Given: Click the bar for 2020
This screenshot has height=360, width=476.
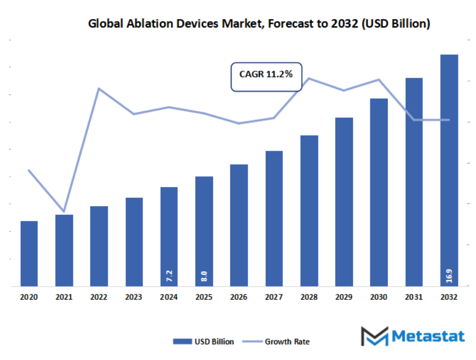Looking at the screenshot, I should pyautogui.click(x=29, y=253).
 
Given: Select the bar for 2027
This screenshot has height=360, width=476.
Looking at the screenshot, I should pyautogui.click(x=274, y=219).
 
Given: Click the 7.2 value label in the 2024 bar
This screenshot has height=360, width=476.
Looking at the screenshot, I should pyautogui.click(x=170, y=276).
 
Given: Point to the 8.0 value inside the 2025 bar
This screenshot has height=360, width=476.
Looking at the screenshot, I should pyautogui.click(x=204, y=276).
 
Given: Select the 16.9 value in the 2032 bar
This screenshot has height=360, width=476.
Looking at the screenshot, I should pyautogui.click(x=449, y=274).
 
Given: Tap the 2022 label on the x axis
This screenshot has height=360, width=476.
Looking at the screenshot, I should pyautogui.click(x=99, y=297).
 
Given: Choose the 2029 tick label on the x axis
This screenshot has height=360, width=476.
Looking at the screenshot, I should pyautogui.click(x=344, y=297).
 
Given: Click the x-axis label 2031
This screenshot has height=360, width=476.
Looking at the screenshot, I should pyautogui.click(x=414, y=297).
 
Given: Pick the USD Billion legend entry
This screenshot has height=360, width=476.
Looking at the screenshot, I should pyautogui.click(x=203, y=342).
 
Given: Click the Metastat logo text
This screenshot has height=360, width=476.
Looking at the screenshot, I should pyautogui.click(x=428, y=336).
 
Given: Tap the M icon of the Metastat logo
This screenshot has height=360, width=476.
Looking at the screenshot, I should pyautogui.click(x=374, y=336).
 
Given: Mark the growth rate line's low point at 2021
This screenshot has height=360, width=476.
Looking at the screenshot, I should pyautogui.click(x=64, y=211).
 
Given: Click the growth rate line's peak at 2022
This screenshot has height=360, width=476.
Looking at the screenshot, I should pyautogui.click(x=99, y=88).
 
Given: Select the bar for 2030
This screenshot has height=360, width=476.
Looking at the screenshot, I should pyautogui.click(x=379, y=192).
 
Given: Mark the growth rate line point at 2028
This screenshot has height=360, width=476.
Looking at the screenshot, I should pyautogui.click(x=309, y=79).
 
